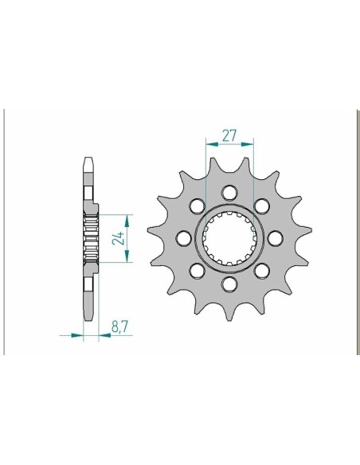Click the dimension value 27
click(x=229, y=135)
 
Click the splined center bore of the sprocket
click(x=229, y=237)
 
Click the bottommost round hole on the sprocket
click(x=229, y=283)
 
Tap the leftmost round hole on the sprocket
click(x=183, y=237)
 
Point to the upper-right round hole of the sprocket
click(x=262, y=205)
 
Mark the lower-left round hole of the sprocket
click(x=197, y=270)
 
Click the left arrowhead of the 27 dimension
click(x=209, y=145)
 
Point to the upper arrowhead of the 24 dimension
click(x=127, y=217)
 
